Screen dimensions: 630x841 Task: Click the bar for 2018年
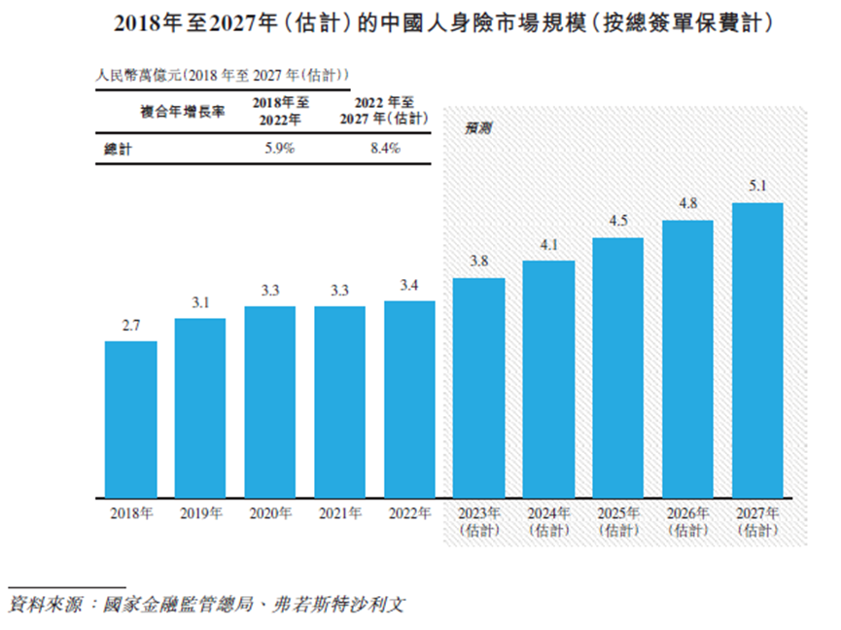130,418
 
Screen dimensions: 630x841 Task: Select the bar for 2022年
409,399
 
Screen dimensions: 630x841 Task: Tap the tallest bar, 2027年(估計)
757,349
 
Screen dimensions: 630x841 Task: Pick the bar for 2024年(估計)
548,378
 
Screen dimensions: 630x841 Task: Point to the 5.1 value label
757,185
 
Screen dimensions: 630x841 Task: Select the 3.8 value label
478,261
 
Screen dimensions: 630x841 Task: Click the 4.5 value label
618,221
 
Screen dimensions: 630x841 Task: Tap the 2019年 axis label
200,512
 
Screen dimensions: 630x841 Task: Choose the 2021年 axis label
339,512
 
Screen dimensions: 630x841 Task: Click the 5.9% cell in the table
279,149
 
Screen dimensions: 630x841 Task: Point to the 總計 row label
118,149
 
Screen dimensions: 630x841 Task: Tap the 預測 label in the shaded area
476,127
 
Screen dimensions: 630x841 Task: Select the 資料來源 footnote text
204,605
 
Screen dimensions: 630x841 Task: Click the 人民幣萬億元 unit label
223,74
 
